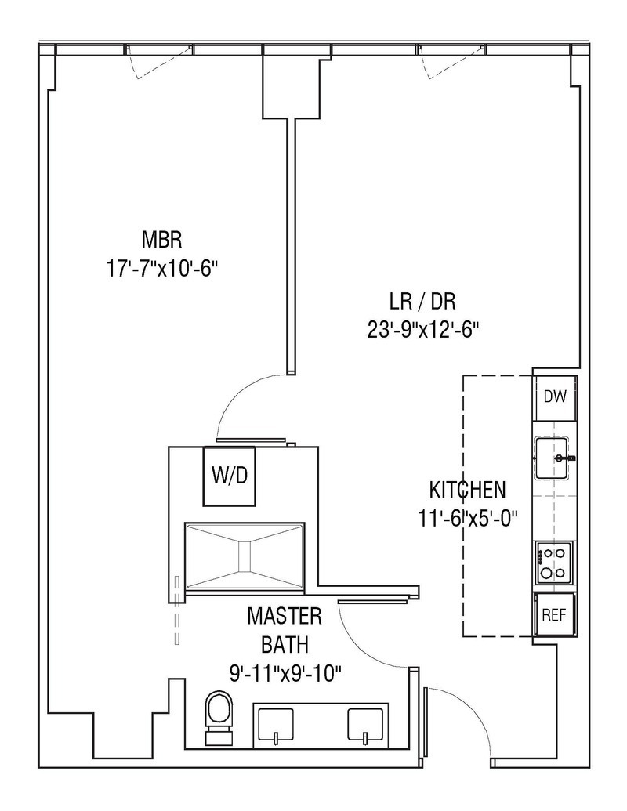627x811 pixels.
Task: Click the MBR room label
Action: [162, 238]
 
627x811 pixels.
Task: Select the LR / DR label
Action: [423, 300]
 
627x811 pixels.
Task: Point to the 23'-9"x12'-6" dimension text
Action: [423, 330]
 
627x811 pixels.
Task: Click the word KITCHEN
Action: [467, 491]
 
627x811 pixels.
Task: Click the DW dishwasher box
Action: [555, 396]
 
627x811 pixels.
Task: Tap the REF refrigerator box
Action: [555, 614]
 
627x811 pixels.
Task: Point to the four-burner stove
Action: [555, 563]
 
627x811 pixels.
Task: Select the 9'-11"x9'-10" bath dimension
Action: [285, 672]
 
